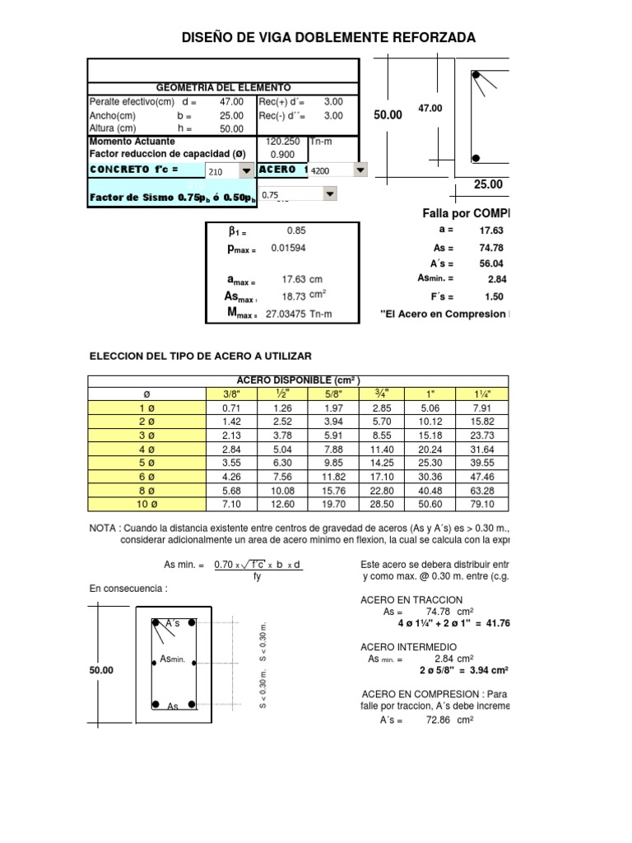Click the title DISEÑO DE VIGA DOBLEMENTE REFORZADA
pyautogui.click(x=328, y=38)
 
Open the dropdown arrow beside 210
pyautogui.click(x=246, y=171)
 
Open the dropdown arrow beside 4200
pyautogui.click(x=360, y=170)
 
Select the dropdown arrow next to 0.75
pyautogui.click(x=330, y=194)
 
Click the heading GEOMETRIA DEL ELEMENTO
pyautogui.click(x=223, y=88)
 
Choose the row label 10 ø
pyautogui.click(x=146, y=504)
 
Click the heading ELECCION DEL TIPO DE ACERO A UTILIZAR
pyautogui.click(x=200, y=356)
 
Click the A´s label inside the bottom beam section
pyautogui.click(x=173, y=624)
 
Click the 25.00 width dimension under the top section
pyautogui.click(x=488, y=184)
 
